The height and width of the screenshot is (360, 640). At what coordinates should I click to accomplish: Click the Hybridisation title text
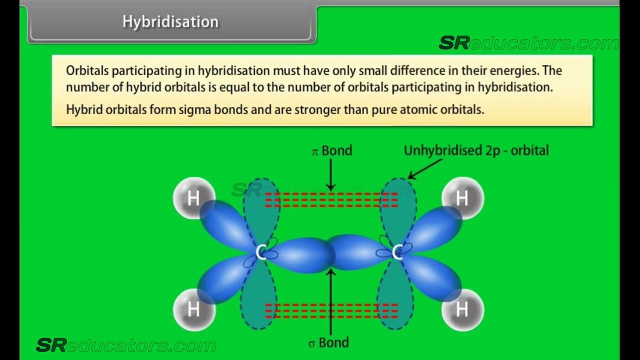(x=170, y=22)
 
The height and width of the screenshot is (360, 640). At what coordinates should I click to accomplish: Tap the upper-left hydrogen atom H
(x=193, y=198)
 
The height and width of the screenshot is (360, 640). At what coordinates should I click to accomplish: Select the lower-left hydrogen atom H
(x=193, y=309)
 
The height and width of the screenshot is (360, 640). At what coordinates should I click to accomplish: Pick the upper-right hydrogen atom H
(x=462, y=198)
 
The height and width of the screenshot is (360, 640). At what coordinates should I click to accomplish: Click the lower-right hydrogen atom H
(x=462, y=309)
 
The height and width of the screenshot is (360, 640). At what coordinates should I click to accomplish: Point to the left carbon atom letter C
(x=260, y=252)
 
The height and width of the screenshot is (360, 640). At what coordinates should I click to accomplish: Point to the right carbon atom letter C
(x=397, y=252)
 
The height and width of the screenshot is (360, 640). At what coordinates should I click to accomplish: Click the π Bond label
(x=331, y=150)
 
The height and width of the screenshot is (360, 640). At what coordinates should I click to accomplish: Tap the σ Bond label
(x=328, y=342)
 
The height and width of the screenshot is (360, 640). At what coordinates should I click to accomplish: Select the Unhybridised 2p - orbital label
(x=476, y=150)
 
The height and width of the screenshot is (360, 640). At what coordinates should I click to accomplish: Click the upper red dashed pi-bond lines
(x=331, y=199)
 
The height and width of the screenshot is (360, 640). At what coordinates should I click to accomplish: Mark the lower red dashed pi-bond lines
(x=331, y=311)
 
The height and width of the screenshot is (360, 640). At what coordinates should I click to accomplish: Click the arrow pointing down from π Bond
(x=331, y=175)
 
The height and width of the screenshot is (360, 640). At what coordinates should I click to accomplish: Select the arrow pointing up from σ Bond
(x=331, y=301)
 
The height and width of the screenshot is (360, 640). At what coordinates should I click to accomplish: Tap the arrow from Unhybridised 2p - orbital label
(x=425, y=169)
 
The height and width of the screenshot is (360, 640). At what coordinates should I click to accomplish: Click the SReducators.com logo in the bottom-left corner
(x=126, y=345)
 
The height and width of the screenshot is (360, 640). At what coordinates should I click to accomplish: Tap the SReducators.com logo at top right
(x=529, y=43)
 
